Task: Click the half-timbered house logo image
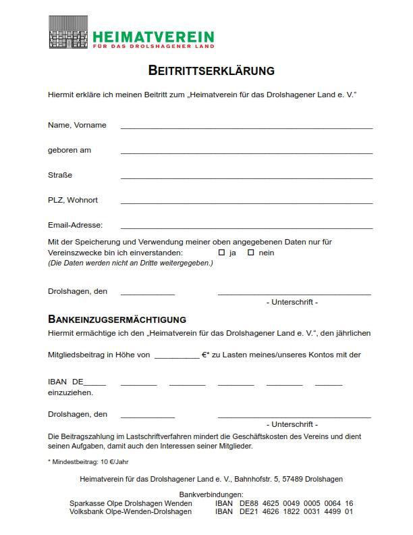click(69, 33)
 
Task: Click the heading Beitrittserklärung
click(211, 70)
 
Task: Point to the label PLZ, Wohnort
click(73, 200)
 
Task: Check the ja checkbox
click(221, 253)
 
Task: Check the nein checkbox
click(250, 253)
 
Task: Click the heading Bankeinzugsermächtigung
click(117, 319)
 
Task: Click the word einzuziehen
click(70, 392)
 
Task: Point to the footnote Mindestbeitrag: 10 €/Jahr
click(88, 462)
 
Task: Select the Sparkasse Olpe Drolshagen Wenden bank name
click(130, 503)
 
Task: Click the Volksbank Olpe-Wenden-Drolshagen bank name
click(130, 511)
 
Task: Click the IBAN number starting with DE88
click(296, 503)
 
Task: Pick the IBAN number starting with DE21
click(296, 511)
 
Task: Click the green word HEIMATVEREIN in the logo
click(153, 36)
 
